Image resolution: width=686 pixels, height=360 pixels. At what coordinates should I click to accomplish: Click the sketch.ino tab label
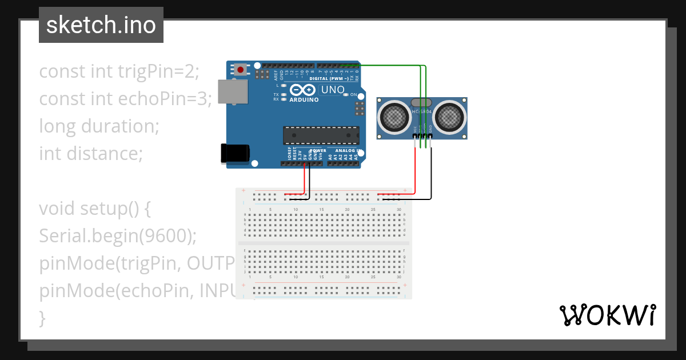(101, 25)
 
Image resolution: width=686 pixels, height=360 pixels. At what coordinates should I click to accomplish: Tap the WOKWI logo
(607, 315)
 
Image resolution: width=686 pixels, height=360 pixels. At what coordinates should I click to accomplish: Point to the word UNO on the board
(333, 90)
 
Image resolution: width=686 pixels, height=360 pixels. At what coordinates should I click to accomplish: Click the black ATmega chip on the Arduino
(321, 135)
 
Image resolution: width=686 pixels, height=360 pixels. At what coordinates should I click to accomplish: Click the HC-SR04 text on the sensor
(422, 112)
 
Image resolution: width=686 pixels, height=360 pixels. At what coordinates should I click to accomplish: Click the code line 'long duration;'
(99, 126)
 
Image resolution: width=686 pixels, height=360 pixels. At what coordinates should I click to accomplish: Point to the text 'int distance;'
(90, 153)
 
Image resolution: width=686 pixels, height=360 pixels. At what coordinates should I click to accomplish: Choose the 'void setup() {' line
(94, 208)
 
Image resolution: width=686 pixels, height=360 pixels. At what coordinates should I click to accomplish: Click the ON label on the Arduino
(353, 94)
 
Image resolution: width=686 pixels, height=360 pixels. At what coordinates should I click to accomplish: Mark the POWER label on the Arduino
(312, 151)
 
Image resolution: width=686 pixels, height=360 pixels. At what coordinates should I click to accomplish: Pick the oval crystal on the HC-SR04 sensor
(422, 102)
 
